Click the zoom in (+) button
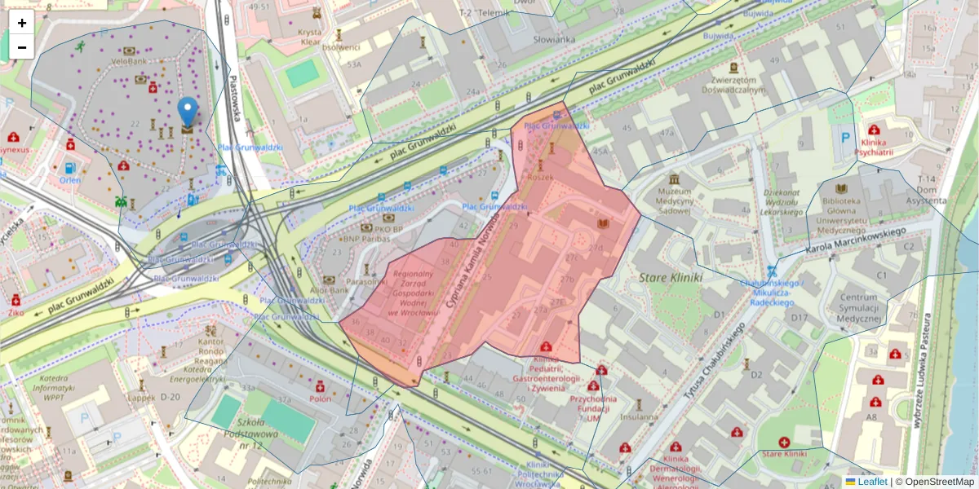22,23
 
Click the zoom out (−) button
22,47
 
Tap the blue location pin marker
188,112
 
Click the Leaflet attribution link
871,482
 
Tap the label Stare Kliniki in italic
671,277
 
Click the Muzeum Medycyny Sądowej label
674,200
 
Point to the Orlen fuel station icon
69,169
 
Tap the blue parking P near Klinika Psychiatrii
845,139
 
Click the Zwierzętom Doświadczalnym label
738,86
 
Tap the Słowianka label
554,39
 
